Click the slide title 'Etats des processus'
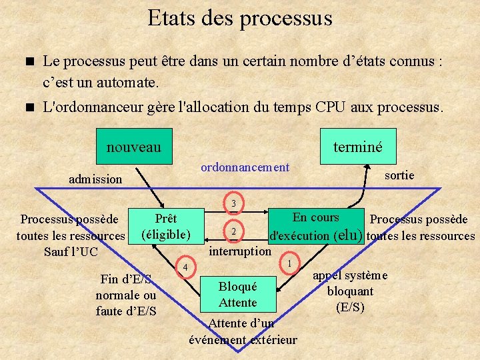[x=240, y=18]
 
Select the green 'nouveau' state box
[x=133, y=146]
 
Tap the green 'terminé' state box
[x=358, y=146]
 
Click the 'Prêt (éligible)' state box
[x=165, y=227]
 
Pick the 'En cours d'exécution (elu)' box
[x=316, y=227]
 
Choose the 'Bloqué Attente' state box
[x=237, y=294]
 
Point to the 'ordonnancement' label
[x=245, y=167]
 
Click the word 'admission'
[x=96, y=179]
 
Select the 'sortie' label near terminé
[x=399, y=175]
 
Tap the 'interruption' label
[x=240, y=251]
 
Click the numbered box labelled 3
[x=233, y=203]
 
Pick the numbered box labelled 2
[x=233, y=231]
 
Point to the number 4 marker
[x=185, y=267]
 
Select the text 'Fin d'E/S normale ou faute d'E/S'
[x=126, y=295]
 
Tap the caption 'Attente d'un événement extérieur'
[x=243, y=332]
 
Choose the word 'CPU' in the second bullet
[x=331, y=107]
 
